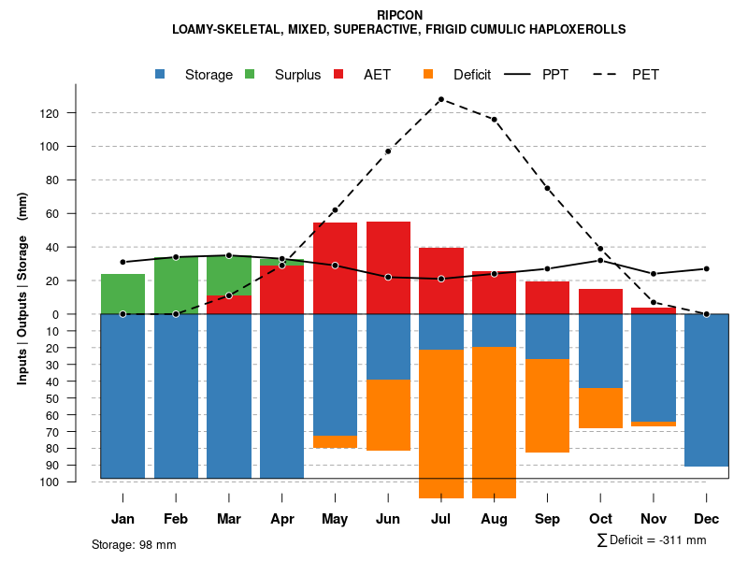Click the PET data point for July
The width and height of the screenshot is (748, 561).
[x=440, y=99]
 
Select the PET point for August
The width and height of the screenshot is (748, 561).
[x=494, y=120]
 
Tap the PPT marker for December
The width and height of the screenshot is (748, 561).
[x=707, y=268]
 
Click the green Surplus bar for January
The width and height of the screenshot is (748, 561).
[x=122, y=294]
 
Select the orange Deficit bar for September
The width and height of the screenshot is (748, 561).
[x=547, y=406]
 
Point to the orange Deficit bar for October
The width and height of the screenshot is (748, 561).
[x=600, y=409]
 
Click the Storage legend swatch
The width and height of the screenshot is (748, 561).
[x=161, y=74]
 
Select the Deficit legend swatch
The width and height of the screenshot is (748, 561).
[x=429, y=74]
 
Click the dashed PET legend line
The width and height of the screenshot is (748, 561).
[x=609, y=74]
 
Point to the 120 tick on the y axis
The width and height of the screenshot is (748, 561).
[x=75, y=113]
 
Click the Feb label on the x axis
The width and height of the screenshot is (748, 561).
[x=176, y=519]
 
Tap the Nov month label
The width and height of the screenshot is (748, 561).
[x=654, y=519]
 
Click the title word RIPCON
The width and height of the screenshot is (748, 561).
[x=399, y=15]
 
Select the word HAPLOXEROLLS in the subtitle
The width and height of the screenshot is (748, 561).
[x=576, y=29]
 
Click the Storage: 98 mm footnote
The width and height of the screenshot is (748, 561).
[x=134, y=544]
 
